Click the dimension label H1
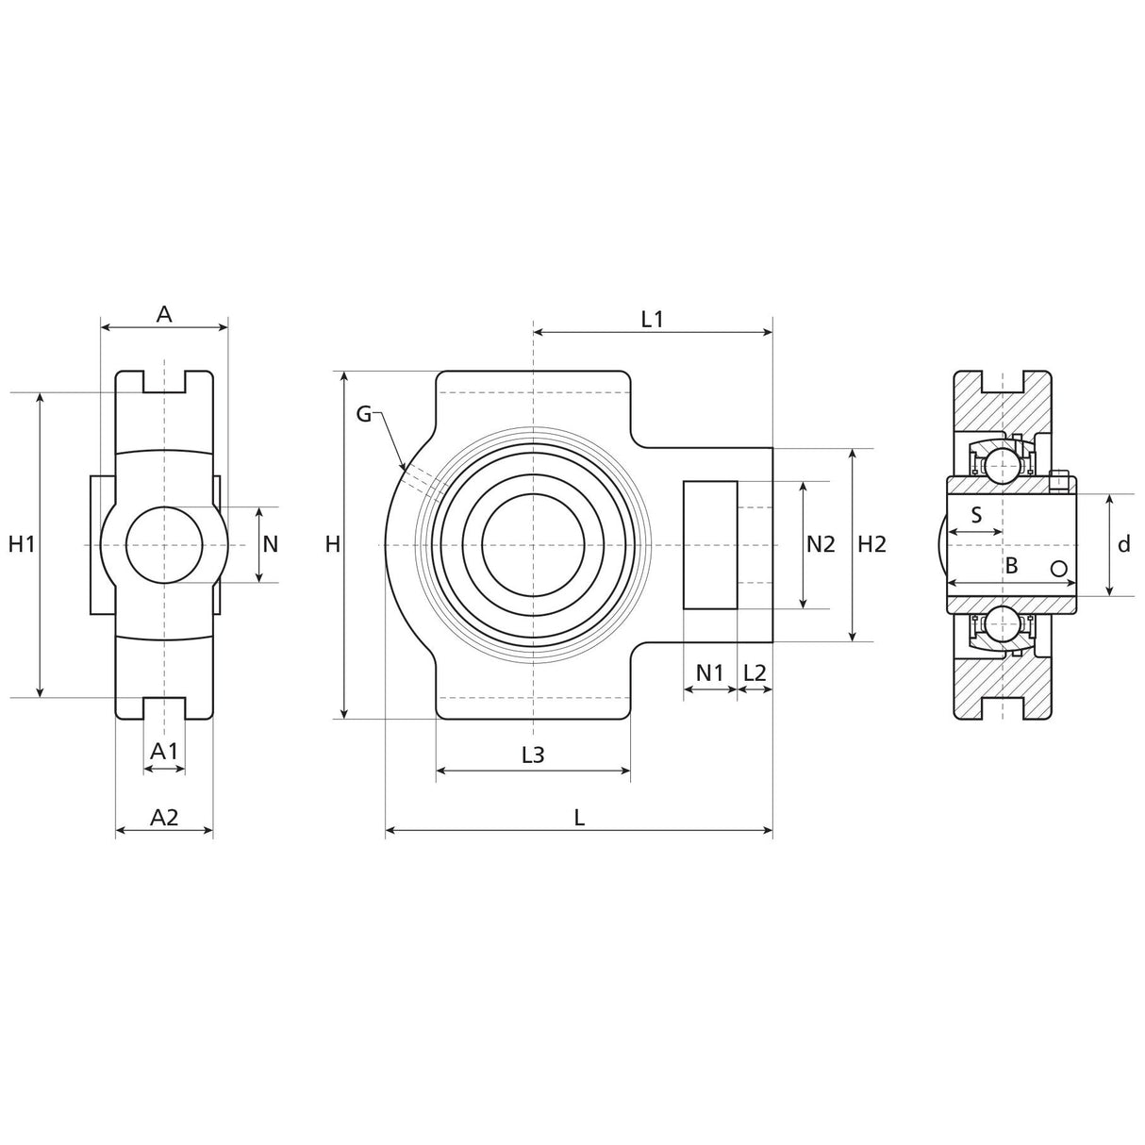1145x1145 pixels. (22, 544)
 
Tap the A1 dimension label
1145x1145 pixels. (164, 751)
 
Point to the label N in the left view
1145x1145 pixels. (271, 544)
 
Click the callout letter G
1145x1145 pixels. (365, 413)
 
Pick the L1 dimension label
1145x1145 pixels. (652, 319)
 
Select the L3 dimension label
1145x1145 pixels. (533, 755)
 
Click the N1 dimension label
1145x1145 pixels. (709, 672)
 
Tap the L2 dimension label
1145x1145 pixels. (755, 672)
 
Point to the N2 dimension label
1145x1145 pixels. (821, 544)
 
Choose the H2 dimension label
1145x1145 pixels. (872, 544)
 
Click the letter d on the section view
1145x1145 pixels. (1123, 544)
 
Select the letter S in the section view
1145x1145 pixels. (976, 515)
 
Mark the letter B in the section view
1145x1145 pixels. (1011, 566)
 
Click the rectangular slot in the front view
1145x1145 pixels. (710, 544)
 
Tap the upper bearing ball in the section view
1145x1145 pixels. (1001, 464)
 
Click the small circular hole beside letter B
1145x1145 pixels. (1059, 568)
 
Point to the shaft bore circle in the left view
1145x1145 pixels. (164, 544)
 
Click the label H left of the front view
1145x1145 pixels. (332, 544)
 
